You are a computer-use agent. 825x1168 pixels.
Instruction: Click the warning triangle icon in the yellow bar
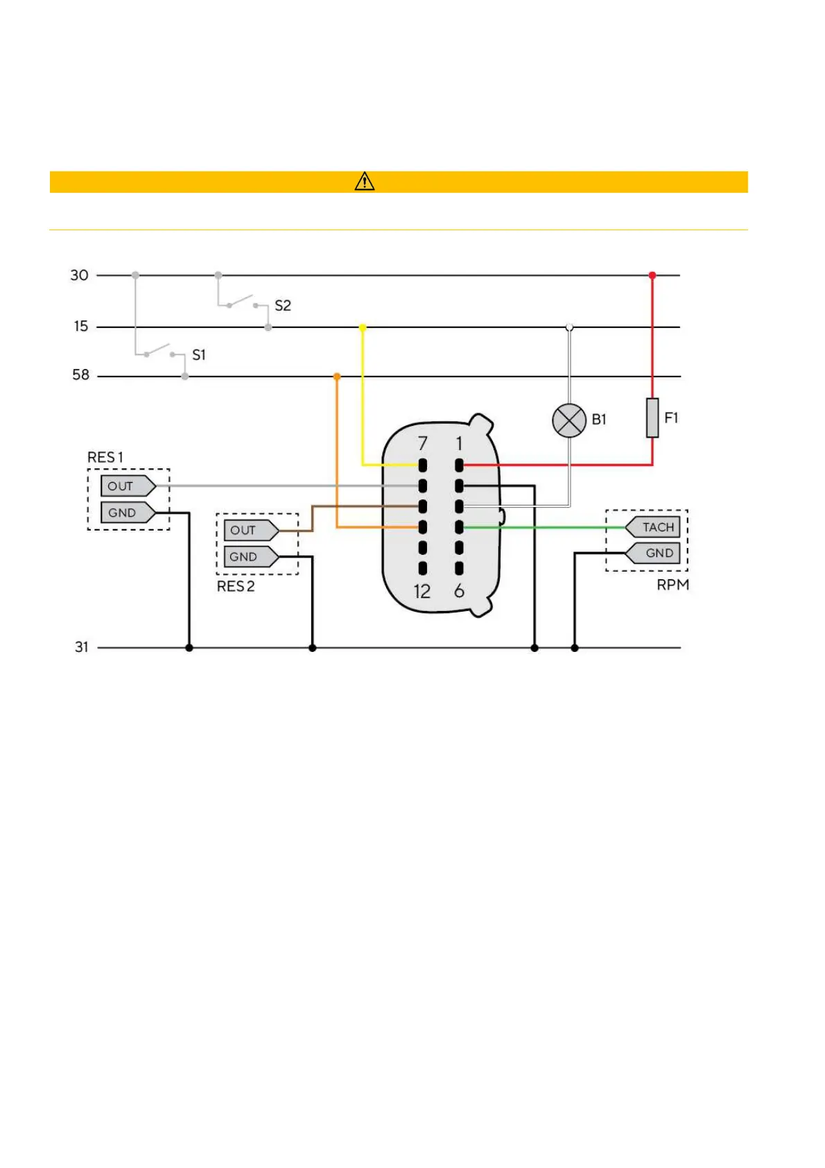click(365, 182)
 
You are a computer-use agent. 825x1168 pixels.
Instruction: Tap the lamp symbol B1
click(568, 420)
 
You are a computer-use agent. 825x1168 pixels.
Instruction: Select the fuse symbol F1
click(652, 418)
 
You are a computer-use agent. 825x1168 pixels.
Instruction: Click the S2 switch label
click(283, 306)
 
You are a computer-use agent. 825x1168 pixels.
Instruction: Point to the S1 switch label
click(199, 355)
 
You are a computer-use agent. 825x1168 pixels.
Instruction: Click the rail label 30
click(80, 275)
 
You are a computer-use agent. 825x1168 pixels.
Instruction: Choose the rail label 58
click(81, 375)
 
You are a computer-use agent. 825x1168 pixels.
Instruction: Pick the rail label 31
click(82, 647)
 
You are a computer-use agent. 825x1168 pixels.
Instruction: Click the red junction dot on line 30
click(652, 275)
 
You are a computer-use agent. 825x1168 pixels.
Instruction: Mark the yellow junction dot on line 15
click(363, 327)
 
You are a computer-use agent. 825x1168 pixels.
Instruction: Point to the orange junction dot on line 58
click(337, 377)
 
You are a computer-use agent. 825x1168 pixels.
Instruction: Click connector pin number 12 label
click(422, 592)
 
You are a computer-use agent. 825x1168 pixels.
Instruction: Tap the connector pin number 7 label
click(423, 443)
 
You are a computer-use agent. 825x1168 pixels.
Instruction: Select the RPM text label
click(672, 585)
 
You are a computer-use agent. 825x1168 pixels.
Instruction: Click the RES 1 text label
click(105, 458)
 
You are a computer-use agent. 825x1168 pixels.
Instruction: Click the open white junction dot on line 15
click(569, 327)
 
